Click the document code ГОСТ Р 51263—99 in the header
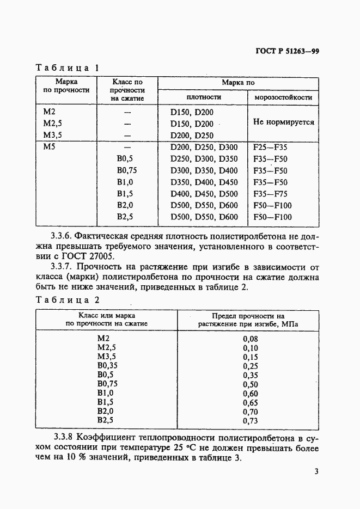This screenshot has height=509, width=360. pos(287,52)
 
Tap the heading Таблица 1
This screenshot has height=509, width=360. pos(67,68)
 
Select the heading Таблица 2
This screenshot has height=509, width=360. pos(67,300)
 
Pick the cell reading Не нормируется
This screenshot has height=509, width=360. pos(283,122)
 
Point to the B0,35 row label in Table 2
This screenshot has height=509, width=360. pos(107,366)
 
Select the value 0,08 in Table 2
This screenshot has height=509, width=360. pos(249,339)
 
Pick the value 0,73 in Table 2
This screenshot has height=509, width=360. pos(249,421)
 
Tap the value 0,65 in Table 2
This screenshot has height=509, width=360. pos(249,403)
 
